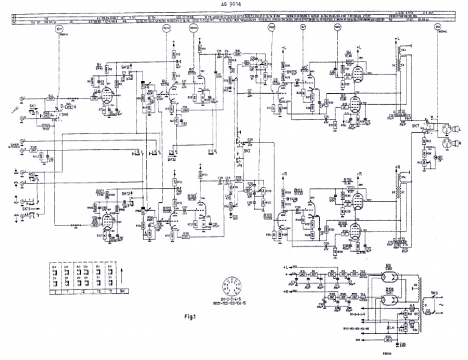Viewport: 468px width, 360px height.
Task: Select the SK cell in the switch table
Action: tap(124, 293)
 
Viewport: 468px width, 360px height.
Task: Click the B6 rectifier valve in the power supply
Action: tap(390, 275)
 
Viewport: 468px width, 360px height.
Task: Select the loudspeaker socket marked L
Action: tap(452, 128)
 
